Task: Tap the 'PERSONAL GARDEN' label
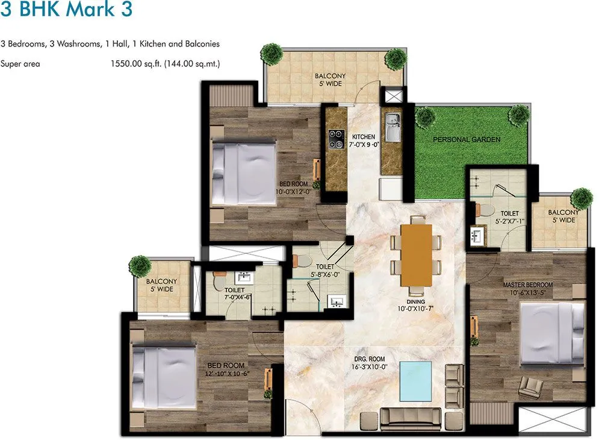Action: pyautogui.click(x=467, y=140)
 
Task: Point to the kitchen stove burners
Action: pyautogui.click(x=334, y=140)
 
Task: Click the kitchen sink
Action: pyautogui.click(x=393, y=127)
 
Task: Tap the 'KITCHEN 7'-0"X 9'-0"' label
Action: pyautogui.click(x=364, y=141)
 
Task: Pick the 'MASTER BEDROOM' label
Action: pyautogui.click(x=527, y=284)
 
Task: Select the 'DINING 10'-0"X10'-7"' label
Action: pyautogui.click(x=415, y=306)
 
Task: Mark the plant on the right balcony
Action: pyautogui.click(x=581, y=198)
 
